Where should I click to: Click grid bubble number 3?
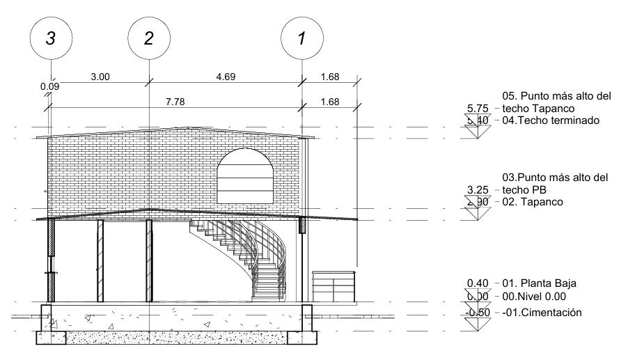51,39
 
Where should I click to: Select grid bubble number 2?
148,39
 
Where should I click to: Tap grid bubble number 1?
301,39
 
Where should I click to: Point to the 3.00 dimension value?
100,77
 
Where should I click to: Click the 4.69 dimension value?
226,77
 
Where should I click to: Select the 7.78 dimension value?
175,102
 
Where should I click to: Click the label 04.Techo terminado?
551,120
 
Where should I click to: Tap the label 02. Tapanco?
533,202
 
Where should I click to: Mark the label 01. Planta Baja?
539,283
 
